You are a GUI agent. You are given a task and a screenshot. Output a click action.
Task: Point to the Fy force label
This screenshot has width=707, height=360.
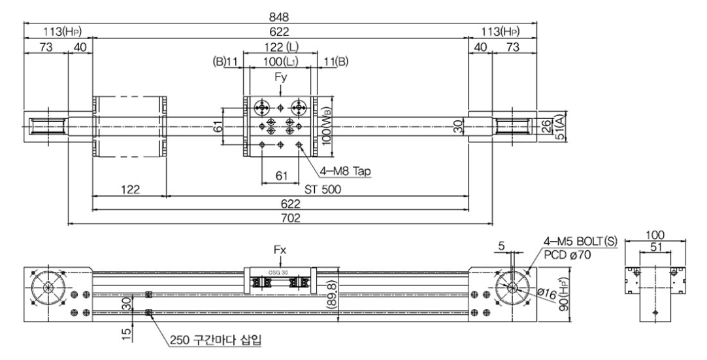click(x=280, y=77)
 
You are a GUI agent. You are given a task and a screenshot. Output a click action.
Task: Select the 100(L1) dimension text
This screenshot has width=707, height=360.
click(x=280, y=61)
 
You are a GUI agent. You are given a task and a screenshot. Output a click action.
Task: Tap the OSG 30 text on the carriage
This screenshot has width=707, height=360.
click(x=278, y=273)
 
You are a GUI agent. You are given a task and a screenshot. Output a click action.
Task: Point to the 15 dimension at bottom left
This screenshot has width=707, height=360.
click(x=129, y=333)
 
